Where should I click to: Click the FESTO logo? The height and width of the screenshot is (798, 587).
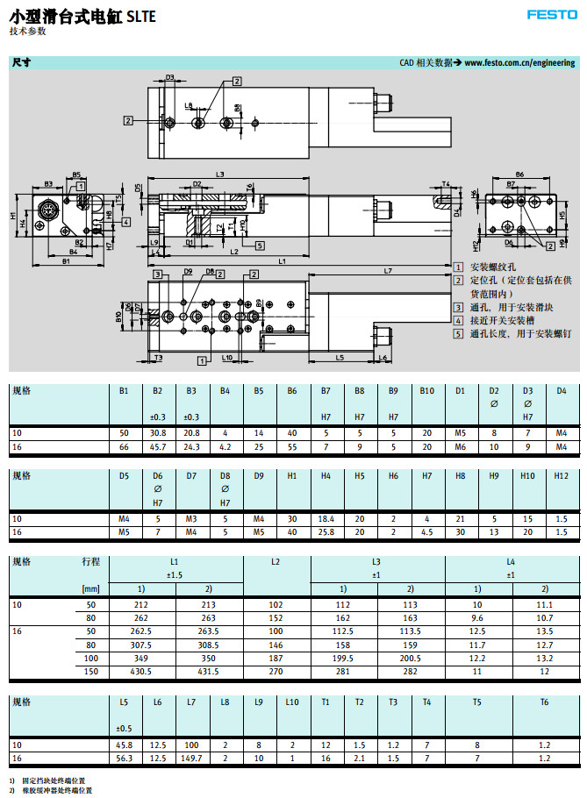tap(550, 14)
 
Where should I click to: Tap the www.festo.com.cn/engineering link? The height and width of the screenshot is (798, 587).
tap(519, 63)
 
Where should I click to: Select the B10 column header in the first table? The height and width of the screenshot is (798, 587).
tap(426, 391)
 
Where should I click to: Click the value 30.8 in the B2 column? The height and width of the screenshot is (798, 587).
tap(158, 432)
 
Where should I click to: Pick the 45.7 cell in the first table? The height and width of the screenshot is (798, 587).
tap(158, 447)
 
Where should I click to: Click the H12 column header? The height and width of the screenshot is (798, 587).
tap(562, 476)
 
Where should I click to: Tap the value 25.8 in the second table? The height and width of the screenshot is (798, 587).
tap(326, 532)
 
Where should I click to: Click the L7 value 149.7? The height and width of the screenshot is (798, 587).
tap(190, 757)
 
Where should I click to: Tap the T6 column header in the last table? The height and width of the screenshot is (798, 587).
tap(543, 702)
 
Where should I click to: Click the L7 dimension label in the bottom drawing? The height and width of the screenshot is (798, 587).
tap(388, 271)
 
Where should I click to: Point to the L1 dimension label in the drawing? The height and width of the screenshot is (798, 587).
tap(282, 261)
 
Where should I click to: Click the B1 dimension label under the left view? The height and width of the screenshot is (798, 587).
tap(66, 261)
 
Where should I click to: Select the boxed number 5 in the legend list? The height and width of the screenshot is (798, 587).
tap(458, 333)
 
